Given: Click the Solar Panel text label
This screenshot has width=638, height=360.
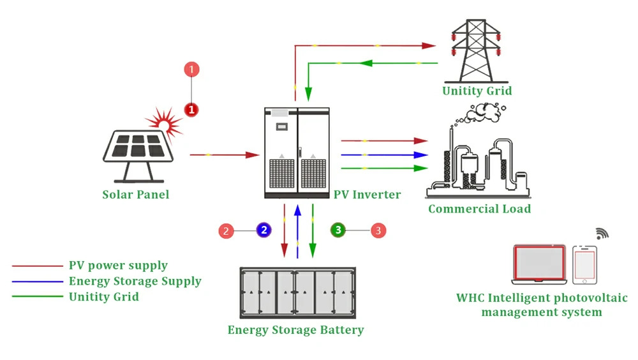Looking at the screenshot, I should [x=136, y=194].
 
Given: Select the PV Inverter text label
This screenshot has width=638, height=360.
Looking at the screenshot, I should [x=367, y=194].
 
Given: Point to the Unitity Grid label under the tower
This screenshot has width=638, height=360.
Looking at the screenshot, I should [x=477, y=91].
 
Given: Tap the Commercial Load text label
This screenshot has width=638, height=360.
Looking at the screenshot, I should [x=479, y=209].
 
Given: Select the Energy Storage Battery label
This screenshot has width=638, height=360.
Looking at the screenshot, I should [x=295, y=330].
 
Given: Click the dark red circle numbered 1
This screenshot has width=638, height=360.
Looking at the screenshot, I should [x=191, y=109].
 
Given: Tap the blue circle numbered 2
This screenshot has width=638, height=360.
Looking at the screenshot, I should [x=264, y=230].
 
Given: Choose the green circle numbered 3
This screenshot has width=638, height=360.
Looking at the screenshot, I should [x=338, y=230].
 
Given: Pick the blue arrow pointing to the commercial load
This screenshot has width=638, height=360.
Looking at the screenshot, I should [x=383, y=154].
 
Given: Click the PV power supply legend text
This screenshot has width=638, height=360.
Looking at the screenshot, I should [x=118, y=266].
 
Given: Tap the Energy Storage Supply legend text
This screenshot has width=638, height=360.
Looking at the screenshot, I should [x=135, y=281].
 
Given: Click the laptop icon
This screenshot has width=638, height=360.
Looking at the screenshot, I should [x=540, y=264].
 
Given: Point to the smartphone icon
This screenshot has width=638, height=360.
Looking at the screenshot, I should [x=584, y=264].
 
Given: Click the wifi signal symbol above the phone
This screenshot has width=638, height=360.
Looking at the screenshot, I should [x=602, y=233].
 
